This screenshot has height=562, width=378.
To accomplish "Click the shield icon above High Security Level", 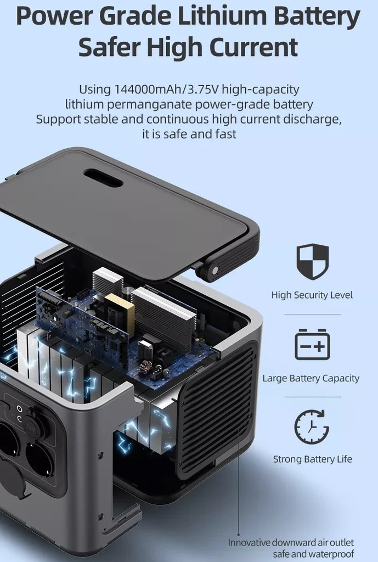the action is pos(312,262).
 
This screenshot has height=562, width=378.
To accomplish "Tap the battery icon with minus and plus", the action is pos(312,344).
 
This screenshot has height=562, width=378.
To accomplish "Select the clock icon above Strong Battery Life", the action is pos(312,426).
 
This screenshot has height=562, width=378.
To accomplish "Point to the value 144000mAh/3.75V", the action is pos(166,89).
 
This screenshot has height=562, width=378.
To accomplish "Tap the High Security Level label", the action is pos(312,295).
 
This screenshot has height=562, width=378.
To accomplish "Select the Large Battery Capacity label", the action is pos(311,378).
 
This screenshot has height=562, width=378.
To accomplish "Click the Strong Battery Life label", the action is pos(312,459).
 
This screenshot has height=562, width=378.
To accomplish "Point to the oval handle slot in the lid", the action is pos(103,178).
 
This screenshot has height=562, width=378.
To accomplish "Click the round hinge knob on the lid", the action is pos(215,270).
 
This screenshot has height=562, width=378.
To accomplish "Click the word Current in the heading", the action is pos(253,47).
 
